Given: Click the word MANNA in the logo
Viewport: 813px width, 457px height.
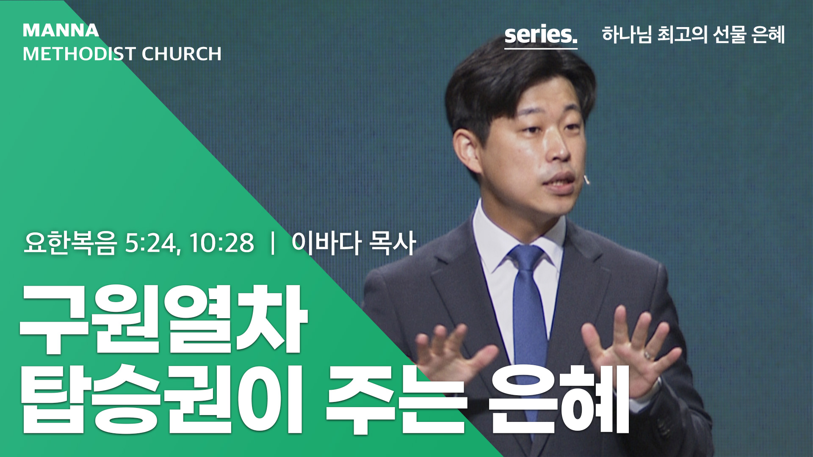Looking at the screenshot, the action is [x=61, y=30].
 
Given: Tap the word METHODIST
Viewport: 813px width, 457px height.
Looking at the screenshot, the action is [x=79, y=54].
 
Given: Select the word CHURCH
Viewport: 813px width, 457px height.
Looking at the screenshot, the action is [x=182, y=54].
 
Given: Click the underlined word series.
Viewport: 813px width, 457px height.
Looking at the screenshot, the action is [x=541, y=35].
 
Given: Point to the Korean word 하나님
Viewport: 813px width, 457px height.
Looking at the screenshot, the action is [x=627, y=35].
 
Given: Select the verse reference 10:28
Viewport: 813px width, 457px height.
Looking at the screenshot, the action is [x=221, y=243].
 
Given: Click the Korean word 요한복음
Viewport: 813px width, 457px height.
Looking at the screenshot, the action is [x=70, y=243].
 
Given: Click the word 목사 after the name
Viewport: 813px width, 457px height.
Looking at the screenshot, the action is [x=392, y=243].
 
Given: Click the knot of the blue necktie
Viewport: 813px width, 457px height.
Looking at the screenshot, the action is [x=527, y=259].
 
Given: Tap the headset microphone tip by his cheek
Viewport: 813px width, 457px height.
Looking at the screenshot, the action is [x=586, y=180].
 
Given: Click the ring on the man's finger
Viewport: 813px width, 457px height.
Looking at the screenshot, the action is [x=648, y=355].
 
